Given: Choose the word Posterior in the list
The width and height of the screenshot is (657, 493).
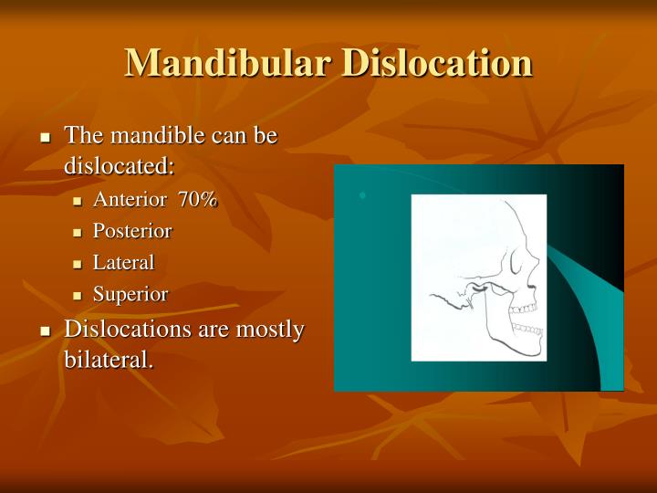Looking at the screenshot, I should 132,232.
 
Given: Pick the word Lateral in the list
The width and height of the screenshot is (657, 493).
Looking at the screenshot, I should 124,263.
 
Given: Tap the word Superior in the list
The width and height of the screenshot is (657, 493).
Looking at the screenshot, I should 130,294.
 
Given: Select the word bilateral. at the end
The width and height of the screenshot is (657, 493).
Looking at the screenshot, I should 108,359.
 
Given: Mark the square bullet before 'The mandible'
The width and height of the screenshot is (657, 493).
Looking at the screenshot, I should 46,138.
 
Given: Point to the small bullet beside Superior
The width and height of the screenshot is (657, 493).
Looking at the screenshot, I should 78,296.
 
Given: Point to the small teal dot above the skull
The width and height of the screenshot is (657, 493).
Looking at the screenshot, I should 362,195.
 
